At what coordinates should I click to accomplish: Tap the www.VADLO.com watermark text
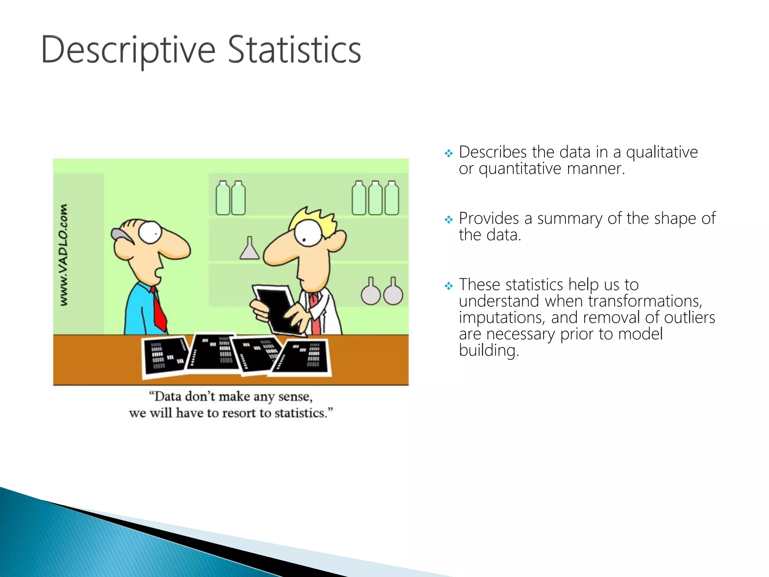pyautogui.click(x=64, y=255)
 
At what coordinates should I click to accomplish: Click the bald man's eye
pyautogui.click(x=150, y=232)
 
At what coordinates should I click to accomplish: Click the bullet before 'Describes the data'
pyautogui.click(x=449, y=153)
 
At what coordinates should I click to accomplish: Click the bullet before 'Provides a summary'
pyautogui.click(x=449, y=219)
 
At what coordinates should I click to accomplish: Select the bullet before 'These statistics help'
pyautogui.click(x=449, y=286)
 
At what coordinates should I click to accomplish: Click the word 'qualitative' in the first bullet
pyautogui.click(x=662, y=153)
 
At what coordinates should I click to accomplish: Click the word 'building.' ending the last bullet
pyautogui.click(x=489, y=351)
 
